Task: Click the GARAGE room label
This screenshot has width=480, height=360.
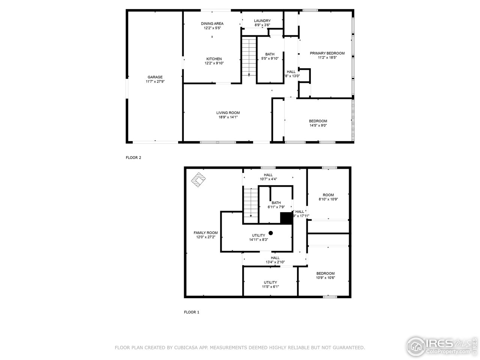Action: click(x=155, y=77)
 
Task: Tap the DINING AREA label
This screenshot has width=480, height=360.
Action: click(x=212, y=24)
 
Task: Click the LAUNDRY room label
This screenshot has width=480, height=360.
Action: click(x=262, y=21)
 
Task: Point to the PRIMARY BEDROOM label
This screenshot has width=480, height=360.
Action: click(x=327, y=53)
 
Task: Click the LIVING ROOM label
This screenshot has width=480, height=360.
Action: click(x=228, y=113)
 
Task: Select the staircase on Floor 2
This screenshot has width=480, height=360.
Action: click(x=248, y=56)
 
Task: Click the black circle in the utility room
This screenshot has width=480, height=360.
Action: click(x=271, y=233)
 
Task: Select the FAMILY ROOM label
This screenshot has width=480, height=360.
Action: click(x=205, y=233)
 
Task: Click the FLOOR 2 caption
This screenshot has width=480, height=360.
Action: click(x=133, y=158)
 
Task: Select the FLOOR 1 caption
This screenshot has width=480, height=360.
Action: click(x=191, y=312)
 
